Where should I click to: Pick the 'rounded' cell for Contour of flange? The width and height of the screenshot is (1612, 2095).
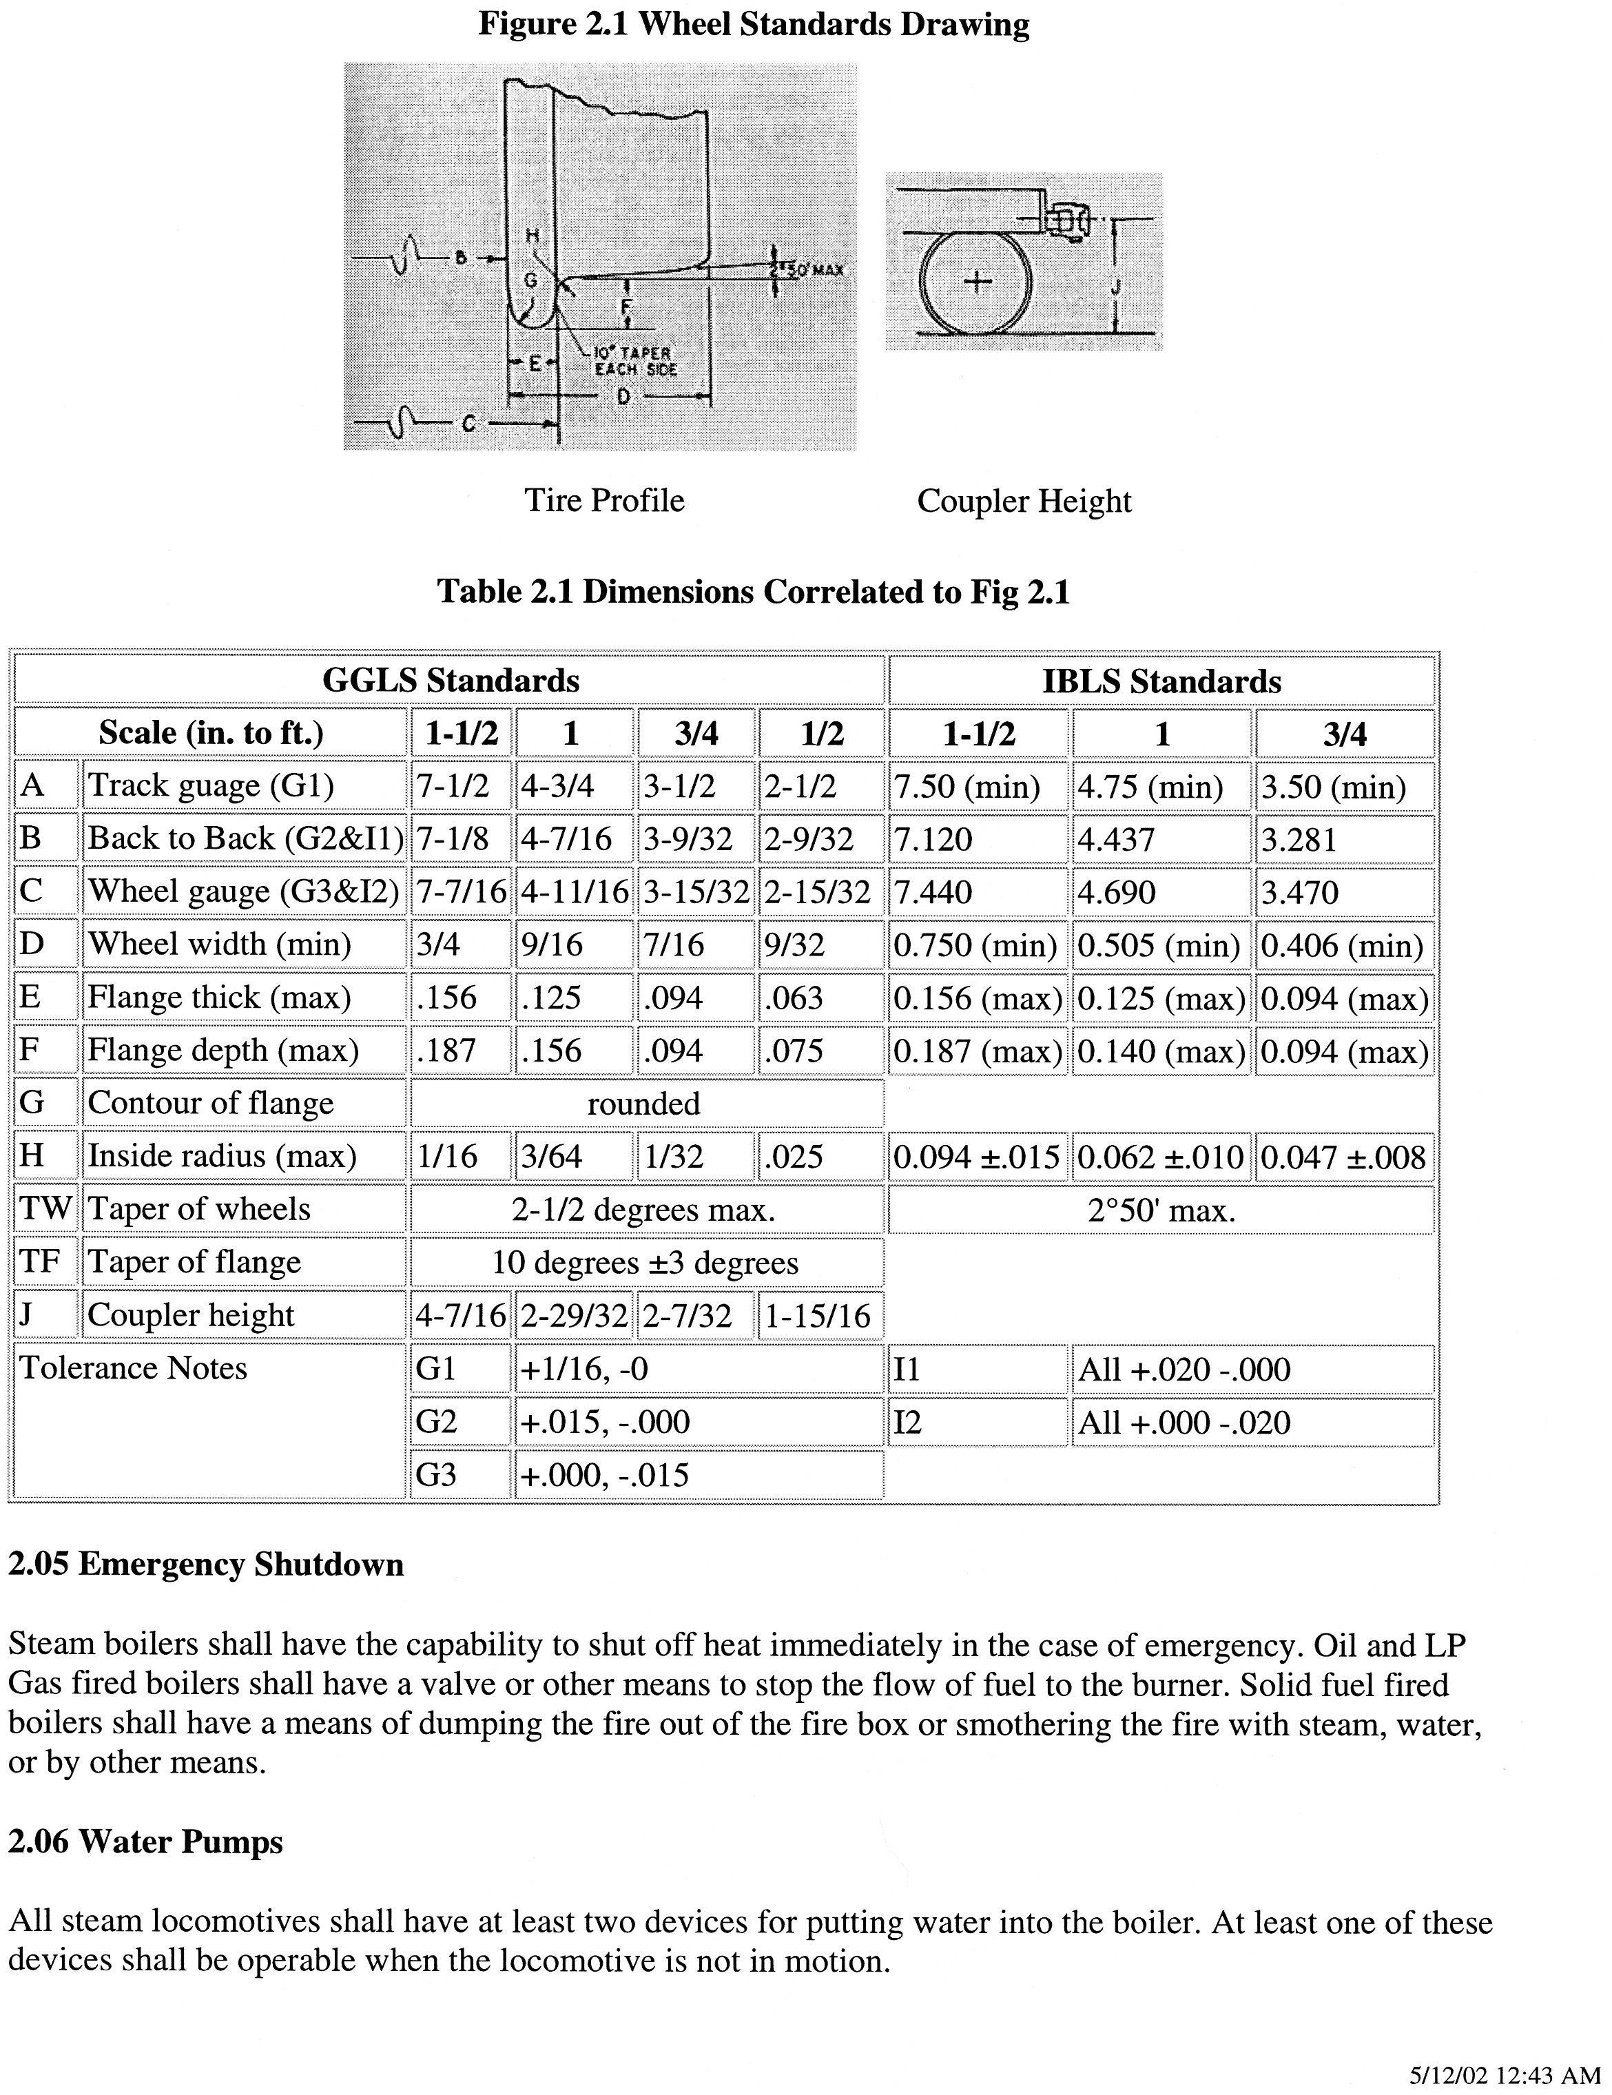coord(644,1103)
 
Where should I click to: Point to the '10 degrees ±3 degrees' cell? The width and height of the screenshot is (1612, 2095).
coord(644,1262)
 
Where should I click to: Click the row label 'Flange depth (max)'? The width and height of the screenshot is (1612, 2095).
coord(223,1051)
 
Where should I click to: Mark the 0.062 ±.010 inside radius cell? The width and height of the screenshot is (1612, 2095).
coord(1160,1157)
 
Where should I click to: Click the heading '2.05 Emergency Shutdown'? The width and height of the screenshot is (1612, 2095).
coord(205,1565)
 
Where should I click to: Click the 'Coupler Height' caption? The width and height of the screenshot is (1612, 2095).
coord(1023,501)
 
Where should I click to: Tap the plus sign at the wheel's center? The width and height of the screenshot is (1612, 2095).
coord(976,281)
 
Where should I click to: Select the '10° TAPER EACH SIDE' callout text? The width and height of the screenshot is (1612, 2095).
coord(635,362)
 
